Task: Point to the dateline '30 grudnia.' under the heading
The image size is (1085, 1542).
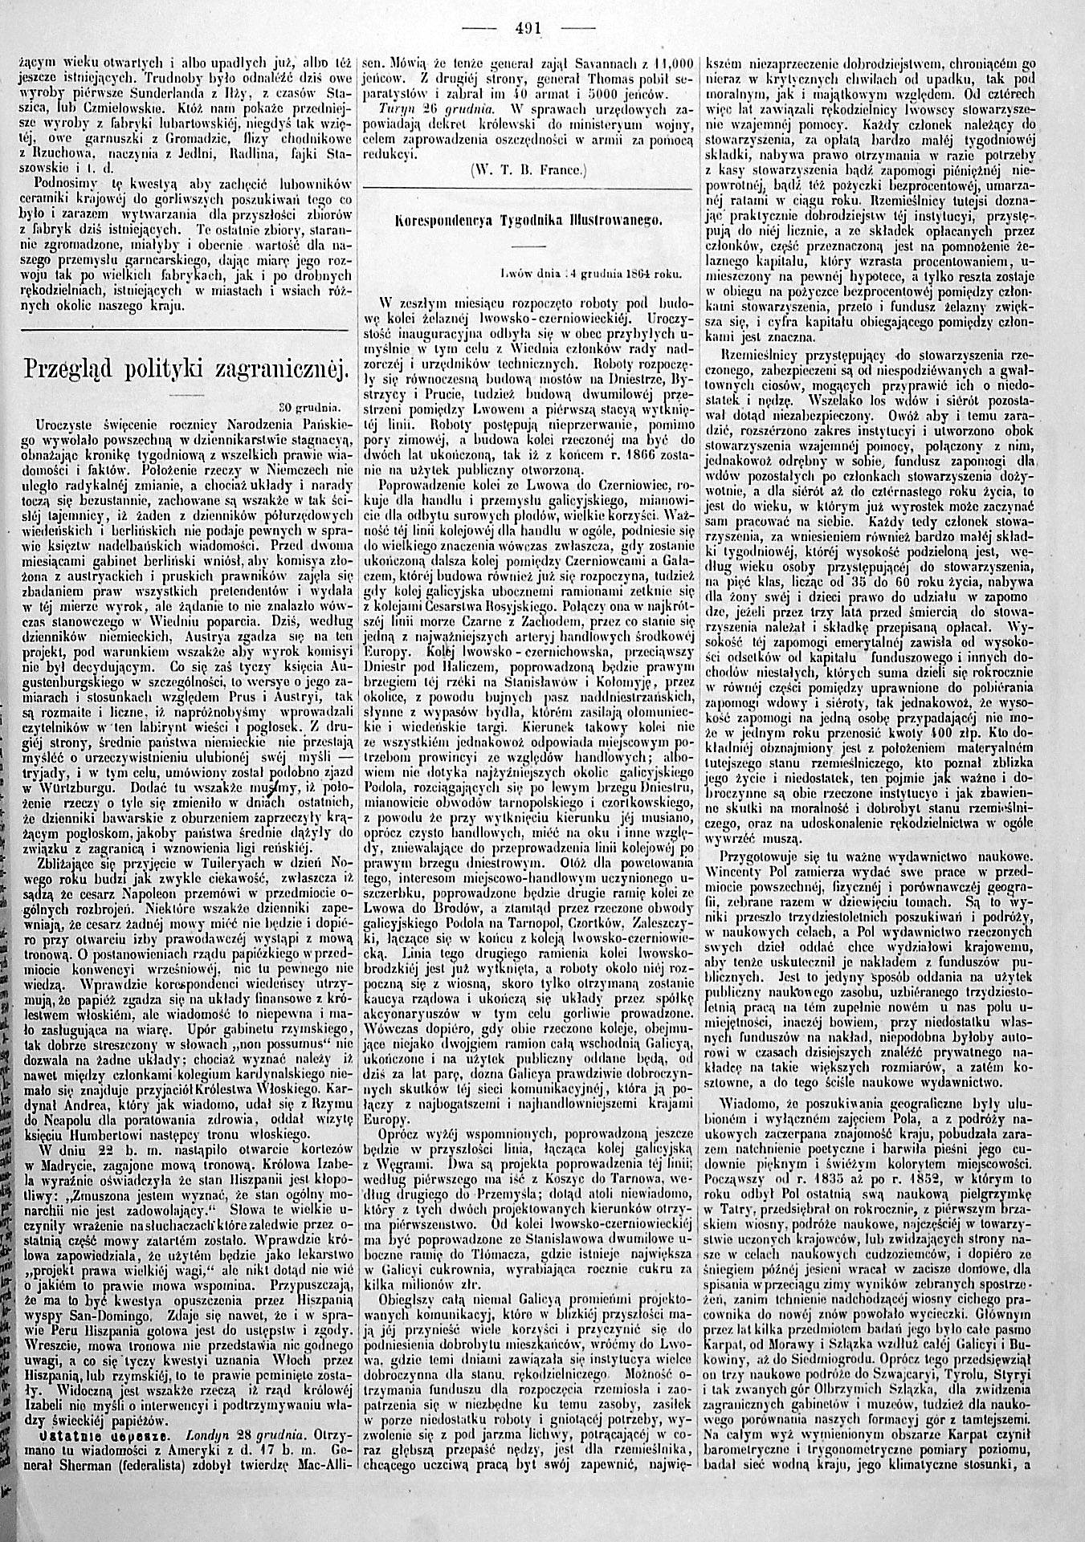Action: [x=309, y=406]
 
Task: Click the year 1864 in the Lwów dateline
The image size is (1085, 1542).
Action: [x=629, y=273]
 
